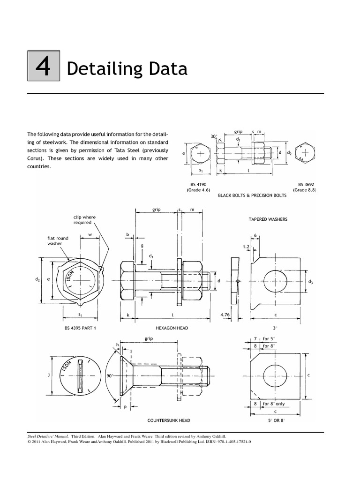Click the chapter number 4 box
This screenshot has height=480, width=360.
coord(43,69)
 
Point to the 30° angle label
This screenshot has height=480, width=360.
coord(214,136)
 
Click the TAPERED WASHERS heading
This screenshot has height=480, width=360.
coord(268,219)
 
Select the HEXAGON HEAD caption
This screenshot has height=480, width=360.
coord(172,328)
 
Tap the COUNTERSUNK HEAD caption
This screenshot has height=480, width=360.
coord(169,420)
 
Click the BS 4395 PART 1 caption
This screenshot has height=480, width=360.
coord(80,328)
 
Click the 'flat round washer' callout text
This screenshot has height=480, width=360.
coord(58,241)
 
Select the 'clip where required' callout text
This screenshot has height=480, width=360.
coord(84,220)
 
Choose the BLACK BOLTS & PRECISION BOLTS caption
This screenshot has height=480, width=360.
coord(253,195)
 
